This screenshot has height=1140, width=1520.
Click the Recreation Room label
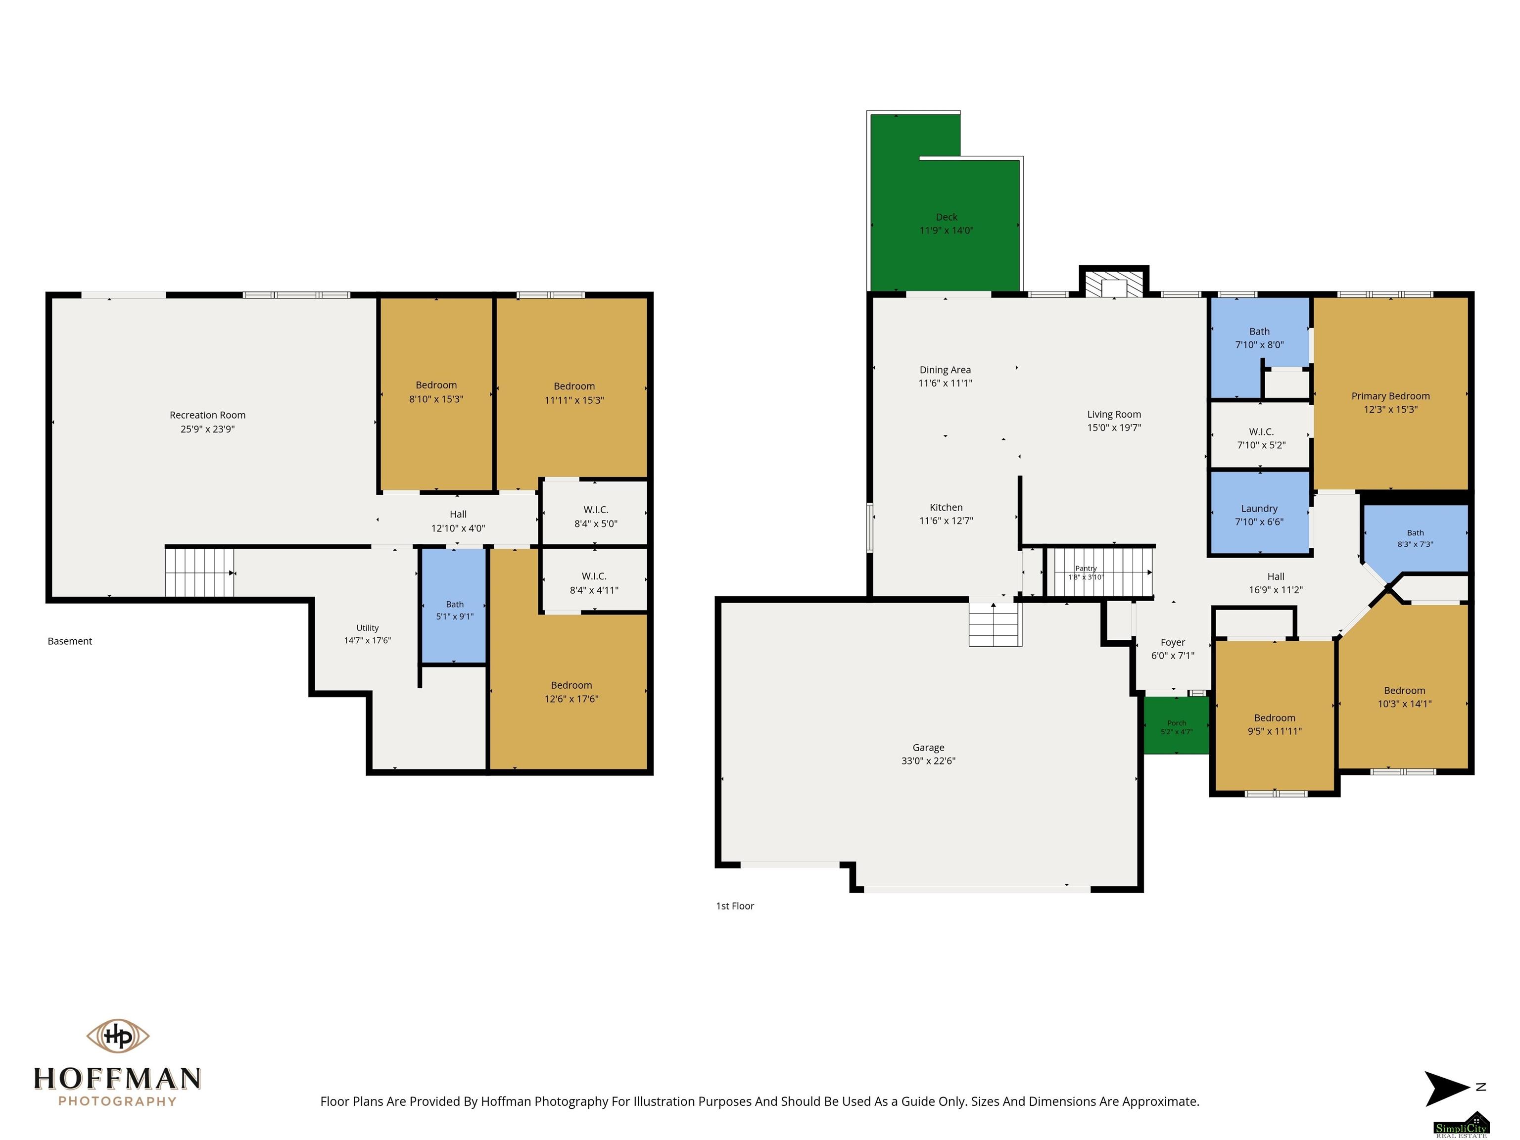click(x=207, y=415)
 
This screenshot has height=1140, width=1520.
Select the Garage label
click(x=928, y=748)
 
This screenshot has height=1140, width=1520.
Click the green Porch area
click(x=1177, y=726)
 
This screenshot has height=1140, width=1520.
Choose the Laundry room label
click(x=1259, y=509)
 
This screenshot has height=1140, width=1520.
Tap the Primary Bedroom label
click(x=1390, y=396)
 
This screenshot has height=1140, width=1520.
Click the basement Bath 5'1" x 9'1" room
click(x=454, y=606)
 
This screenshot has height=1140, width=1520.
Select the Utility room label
click(x=368, y=628)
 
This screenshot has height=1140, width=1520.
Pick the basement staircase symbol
click(x=200, y=572)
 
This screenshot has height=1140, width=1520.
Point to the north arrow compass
click(x=1448, y=1088)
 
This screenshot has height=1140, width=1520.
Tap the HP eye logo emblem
click(x=117, y=1035)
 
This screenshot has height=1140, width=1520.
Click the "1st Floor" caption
click(x=735, y=905)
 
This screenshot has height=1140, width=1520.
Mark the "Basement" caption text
click(x=69, y=641)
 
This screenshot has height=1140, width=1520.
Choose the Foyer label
click(x=1172, y=643)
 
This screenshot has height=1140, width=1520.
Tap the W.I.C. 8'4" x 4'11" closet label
click(x=594, y=576)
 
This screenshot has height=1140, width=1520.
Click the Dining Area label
click(x=945, y=370)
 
